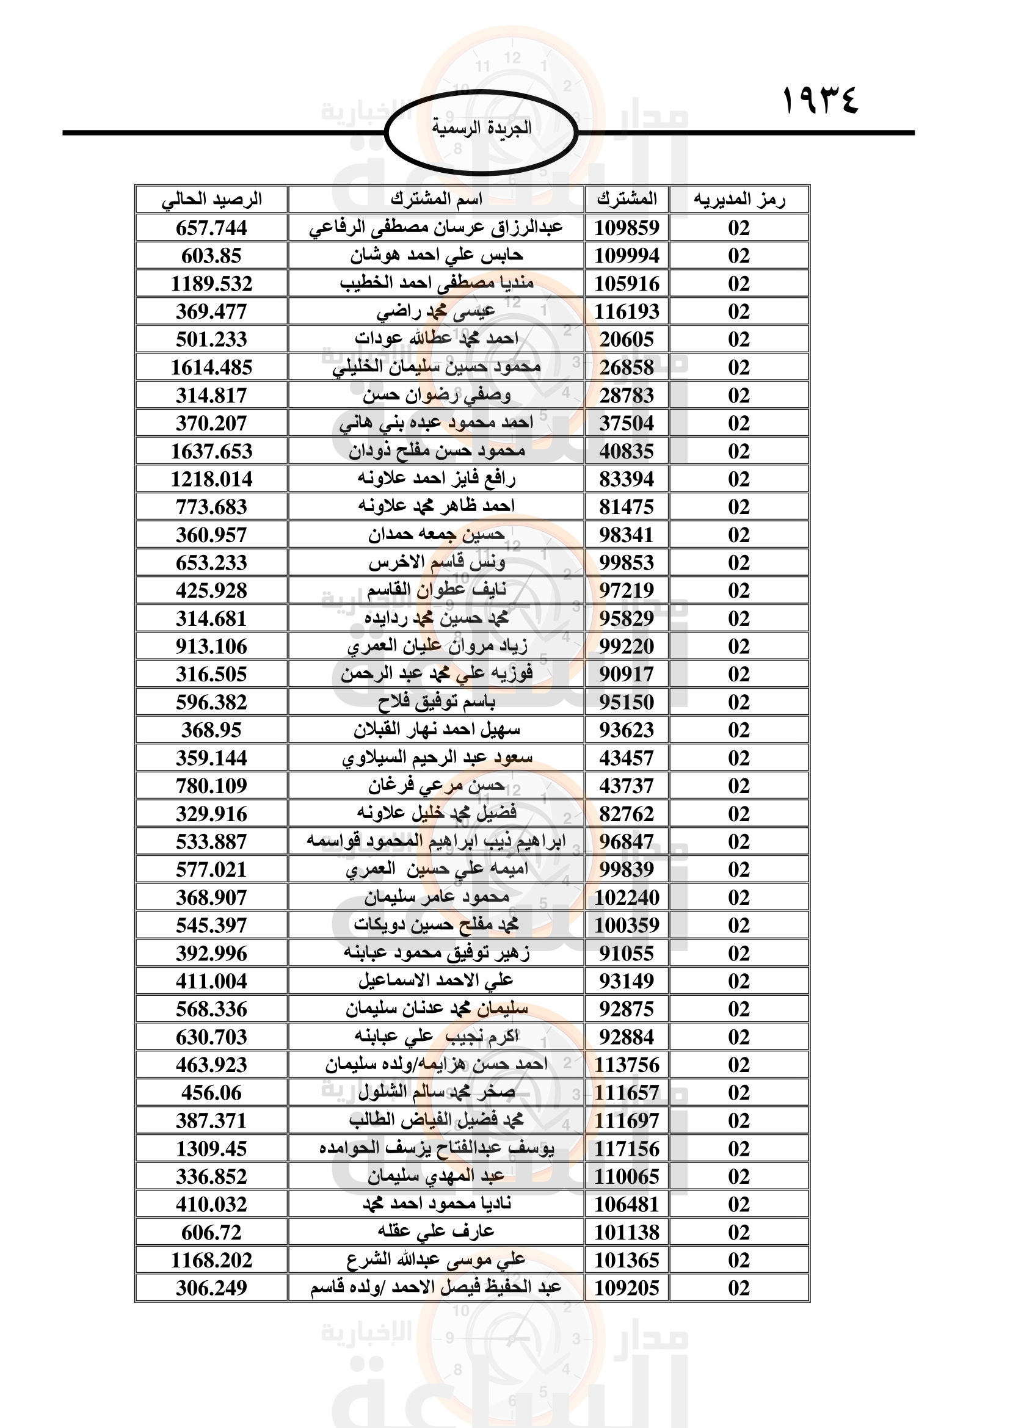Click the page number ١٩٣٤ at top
tap(819, 100)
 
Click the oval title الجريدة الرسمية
tap(481, 129)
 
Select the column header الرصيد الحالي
tap(211, 200)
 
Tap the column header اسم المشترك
tap(436, 200)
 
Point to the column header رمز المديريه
tap(739, 200)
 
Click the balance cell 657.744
tap(211, 228)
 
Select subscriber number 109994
tap(627, 256)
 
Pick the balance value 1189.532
tap(211, 284)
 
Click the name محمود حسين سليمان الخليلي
tap(436, 367)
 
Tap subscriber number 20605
tap(627, 339)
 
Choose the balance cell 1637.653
tap(211, 451)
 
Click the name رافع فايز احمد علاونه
tap(436, 478)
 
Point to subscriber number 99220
tap(627, 646)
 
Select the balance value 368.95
tap(211, 730)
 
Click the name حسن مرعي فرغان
tap(436, 786)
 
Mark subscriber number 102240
tap(627, 897)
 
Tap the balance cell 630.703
tap(211, 1037)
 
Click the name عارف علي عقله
tap(436, 1231)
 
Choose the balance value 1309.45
tap(211, 1148)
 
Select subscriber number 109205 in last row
tap(627, 1288)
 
